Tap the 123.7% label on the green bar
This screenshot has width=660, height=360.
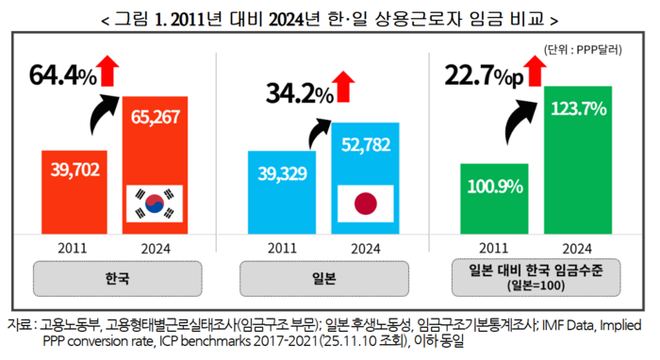coord(577,110)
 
